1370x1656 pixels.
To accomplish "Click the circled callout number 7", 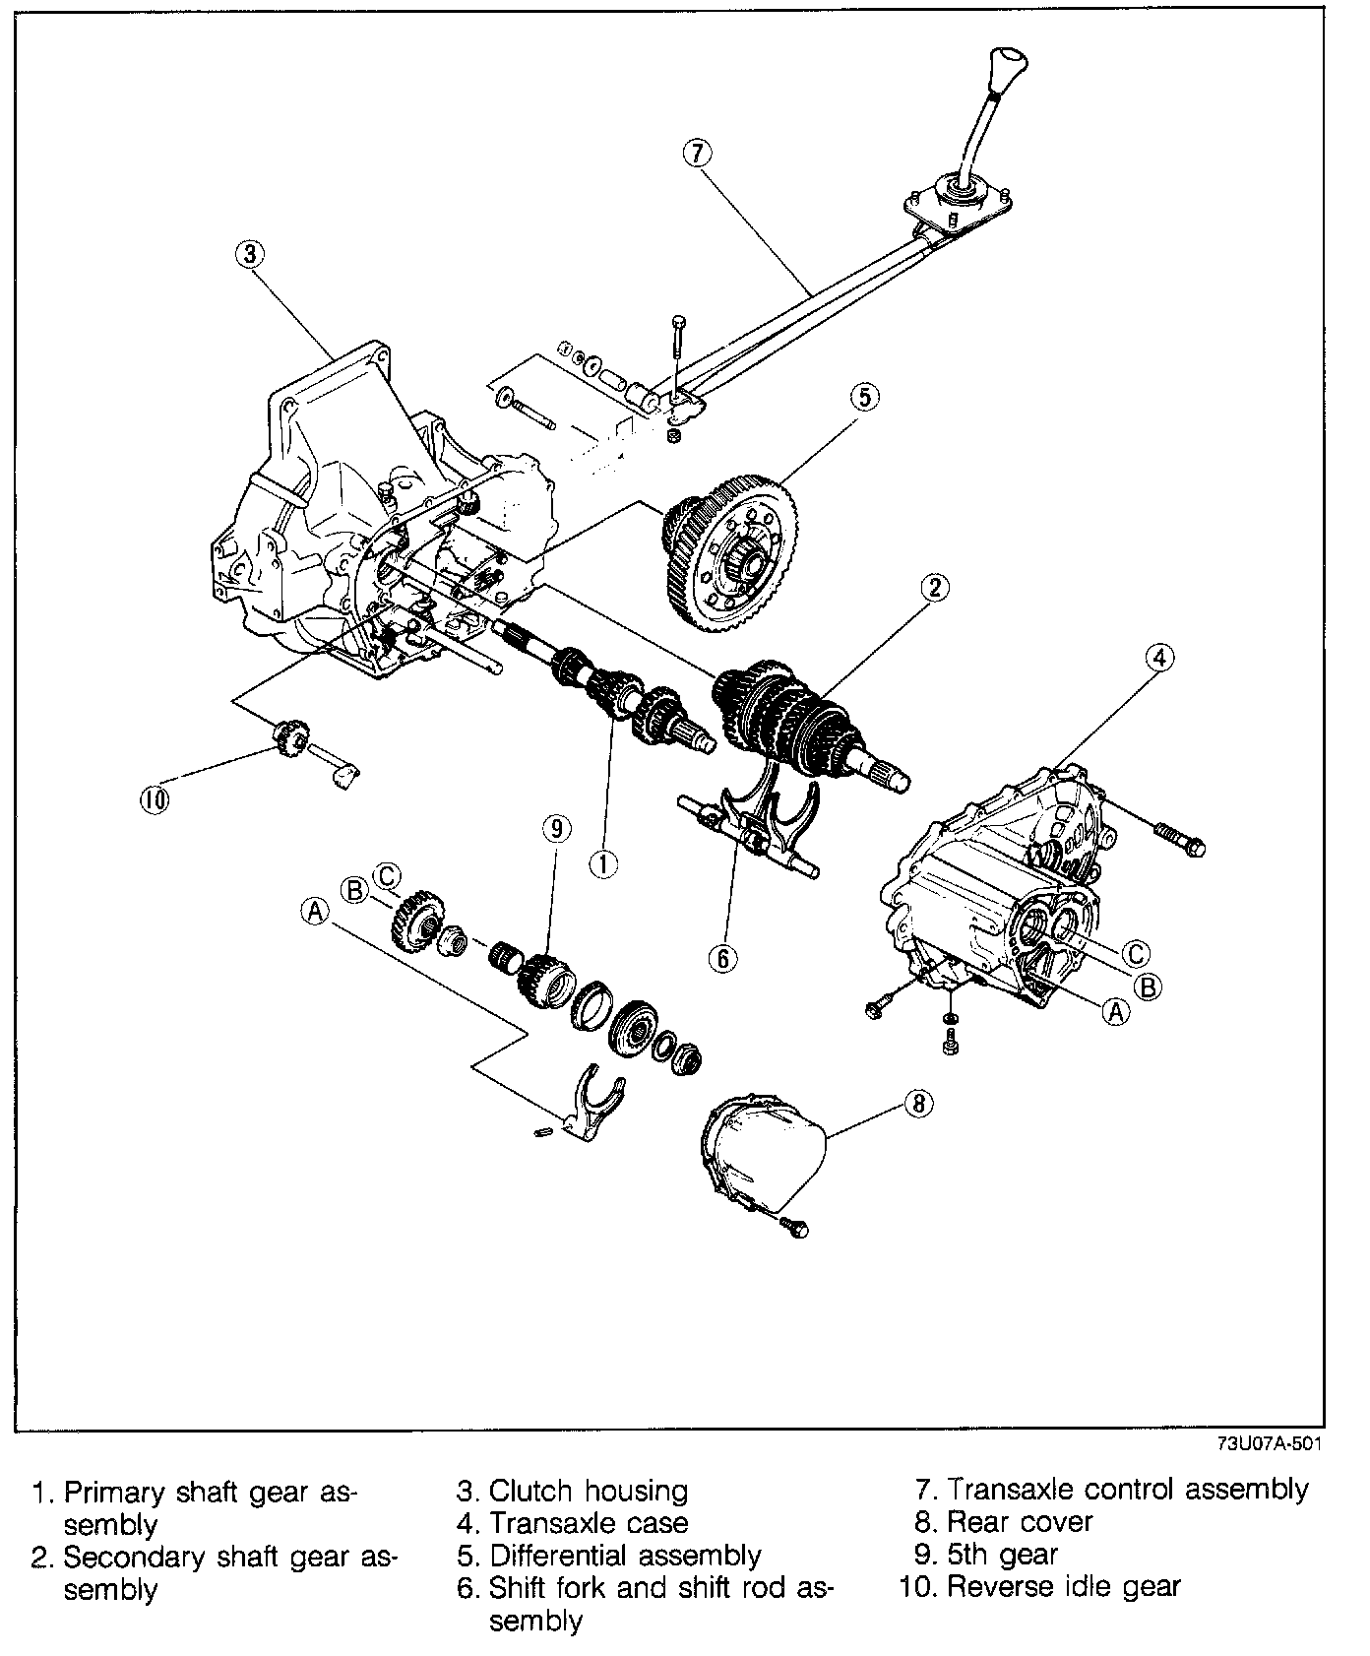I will tap(696, 153).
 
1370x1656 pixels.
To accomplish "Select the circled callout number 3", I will tap(250, 254).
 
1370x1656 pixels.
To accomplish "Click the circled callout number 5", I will tap(862, 397).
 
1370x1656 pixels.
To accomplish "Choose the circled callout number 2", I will tap(934, 588).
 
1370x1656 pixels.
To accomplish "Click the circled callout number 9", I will tap(555, 830).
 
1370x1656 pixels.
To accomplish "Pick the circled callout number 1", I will tap(602, 863).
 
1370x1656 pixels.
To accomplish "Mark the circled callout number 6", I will tap(722, 958).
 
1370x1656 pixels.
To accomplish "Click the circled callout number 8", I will tap(918, 1104).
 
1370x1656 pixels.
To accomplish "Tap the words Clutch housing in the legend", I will tap(589, 1491).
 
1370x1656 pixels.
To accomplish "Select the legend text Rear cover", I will tap(1020, 1522).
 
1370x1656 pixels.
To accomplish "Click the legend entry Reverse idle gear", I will tap(1063, 1586).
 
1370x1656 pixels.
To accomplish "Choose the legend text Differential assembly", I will tap(625, 1555).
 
